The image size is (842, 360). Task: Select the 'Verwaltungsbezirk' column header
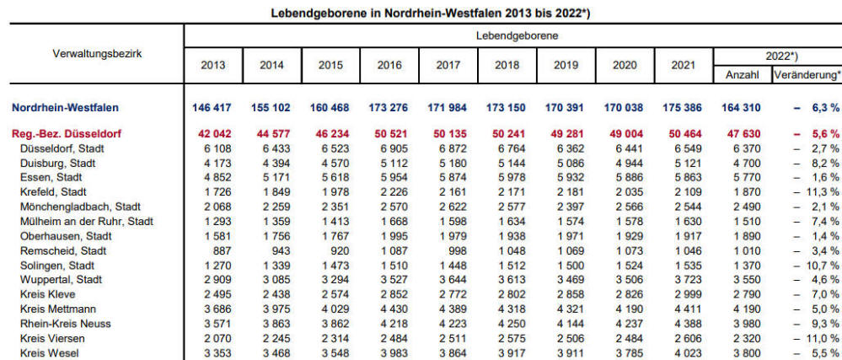[x=97, y=53]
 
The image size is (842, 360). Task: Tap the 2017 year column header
[x=450, y=64]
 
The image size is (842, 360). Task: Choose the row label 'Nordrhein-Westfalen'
[x=65, y=108]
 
